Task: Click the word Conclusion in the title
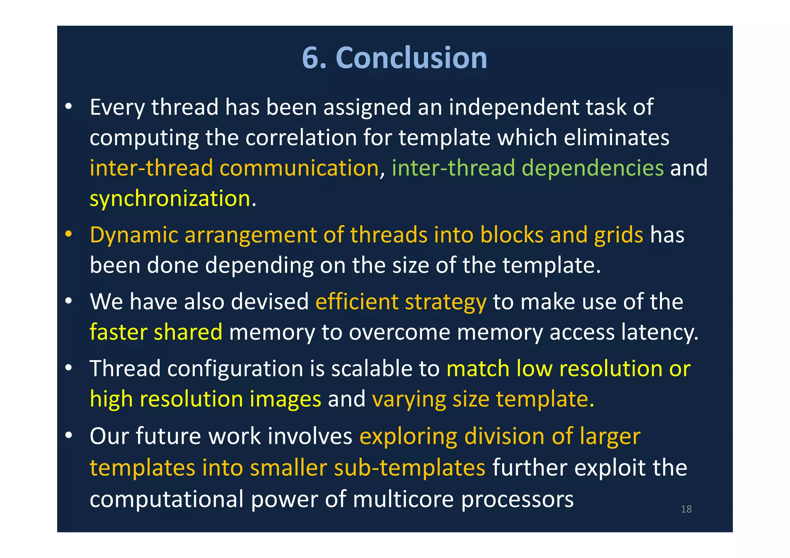pos(411,58)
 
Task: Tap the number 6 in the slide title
pos(310,58)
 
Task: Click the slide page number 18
pos(686,509)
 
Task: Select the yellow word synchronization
pos(170,199)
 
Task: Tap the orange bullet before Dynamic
pos(69,234)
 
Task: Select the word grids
pos(618,235)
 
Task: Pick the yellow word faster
pos(118,332)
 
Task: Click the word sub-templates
pos(409,468)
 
